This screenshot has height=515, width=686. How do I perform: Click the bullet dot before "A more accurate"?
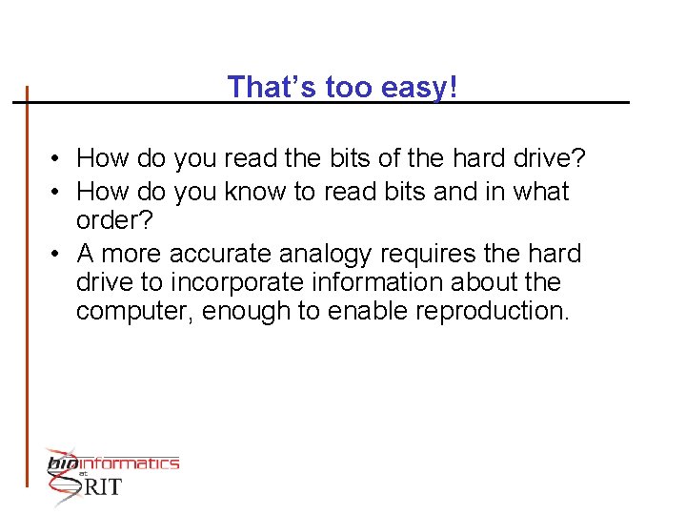point(58,255)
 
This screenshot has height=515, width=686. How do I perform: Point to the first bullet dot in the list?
point(58,157)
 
